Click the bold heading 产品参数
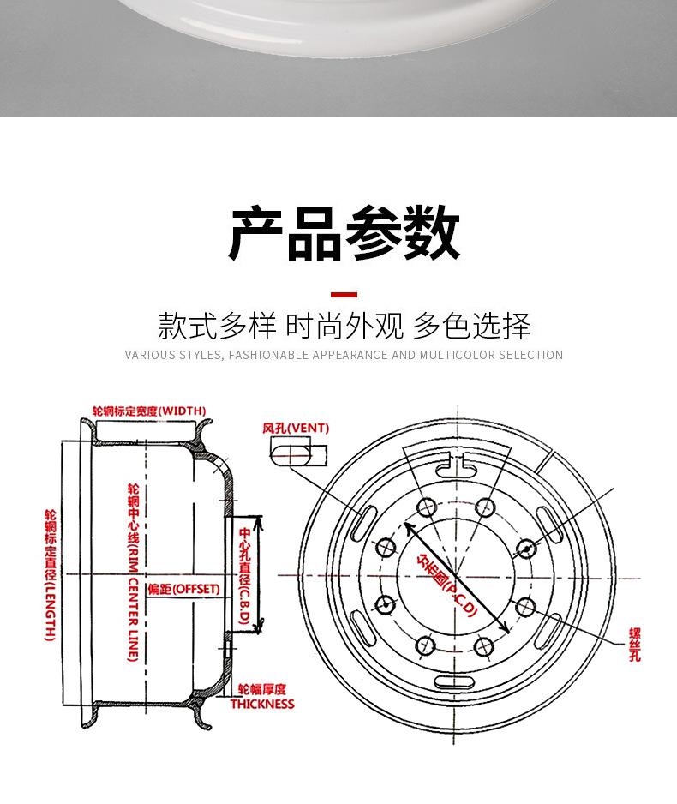coord(344,233)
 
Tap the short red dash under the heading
coord(344,294)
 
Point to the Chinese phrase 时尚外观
coord(344,327)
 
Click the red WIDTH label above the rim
coord(149,411)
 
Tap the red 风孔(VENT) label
coord(296,428)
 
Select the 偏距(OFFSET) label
coord(183,590)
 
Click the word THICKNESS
coord(261,705)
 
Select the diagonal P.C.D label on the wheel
coord(446,583)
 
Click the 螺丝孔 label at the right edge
coord(634,645)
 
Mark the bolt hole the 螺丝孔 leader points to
coord(525,607)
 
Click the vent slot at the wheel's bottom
coord(455,682)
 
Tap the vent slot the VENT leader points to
coord(363,520)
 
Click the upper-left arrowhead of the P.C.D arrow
coord(408,527)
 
